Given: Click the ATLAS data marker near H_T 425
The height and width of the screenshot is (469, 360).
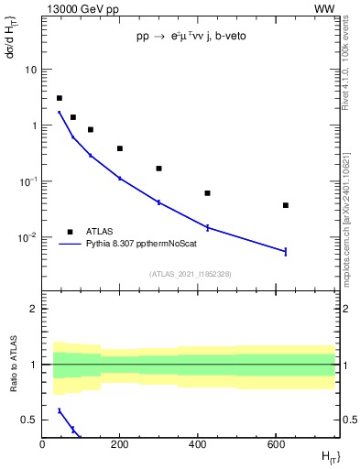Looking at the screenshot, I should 208,193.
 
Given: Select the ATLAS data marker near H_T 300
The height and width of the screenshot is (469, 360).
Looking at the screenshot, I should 158,169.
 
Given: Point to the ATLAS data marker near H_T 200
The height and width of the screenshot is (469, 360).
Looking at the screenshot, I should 120,148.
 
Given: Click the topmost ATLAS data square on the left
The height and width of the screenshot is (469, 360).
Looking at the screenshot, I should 60,98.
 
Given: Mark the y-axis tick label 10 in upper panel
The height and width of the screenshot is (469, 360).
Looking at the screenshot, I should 31,70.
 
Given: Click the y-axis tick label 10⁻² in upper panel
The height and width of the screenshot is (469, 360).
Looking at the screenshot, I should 27,237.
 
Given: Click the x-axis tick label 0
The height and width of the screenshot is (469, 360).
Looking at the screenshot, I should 42,445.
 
